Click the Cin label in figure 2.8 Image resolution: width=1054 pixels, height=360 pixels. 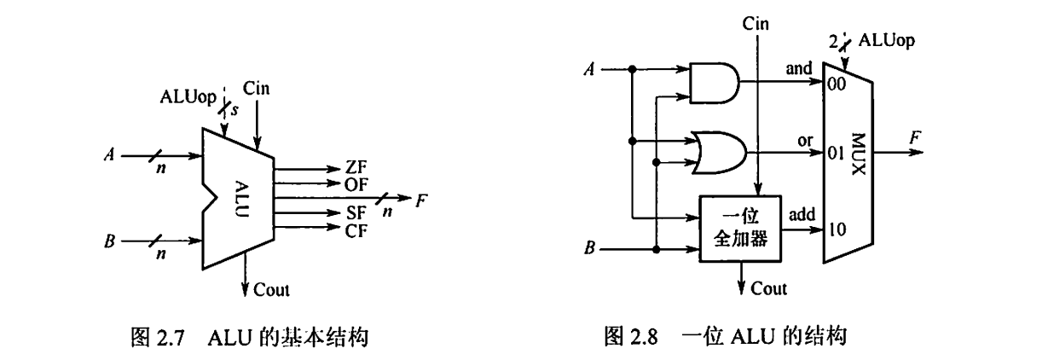(756, 23)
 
